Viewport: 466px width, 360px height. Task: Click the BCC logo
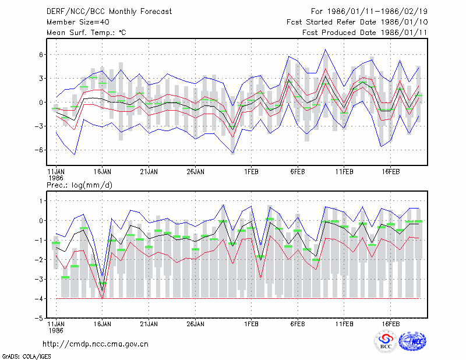(386, 341)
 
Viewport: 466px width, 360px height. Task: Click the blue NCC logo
(413, 341)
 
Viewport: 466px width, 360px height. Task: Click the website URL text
(96, 344)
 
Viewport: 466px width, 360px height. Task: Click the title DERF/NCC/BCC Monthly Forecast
(109, 12)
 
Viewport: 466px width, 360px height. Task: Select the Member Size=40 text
(78, 22)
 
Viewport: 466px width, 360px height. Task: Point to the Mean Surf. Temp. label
(86, 33)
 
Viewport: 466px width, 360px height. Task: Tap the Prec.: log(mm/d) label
(79, 185)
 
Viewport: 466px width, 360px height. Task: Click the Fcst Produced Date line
(365, 33)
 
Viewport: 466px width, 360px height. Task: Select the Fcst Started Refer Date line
(357, 22)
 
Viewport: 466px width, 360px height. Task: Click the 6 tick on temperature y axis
(41, 55)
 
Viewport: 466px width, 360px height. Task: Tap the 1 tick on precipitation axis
(41, 201)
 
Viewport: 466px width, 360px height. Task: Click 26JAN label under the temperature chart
(195, 172)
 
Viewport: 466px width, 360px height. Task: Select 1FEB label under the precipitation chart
(251, 324)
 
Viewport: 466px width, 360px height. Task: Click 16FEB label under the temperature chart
(390, 172)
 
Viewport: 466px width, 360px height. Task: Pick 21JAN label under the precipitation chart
(149, 324)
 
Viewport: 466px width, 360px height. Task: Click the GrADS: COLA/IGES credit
(26, 357)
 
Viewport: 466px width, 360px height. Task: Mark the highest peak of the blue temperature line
(326, 50)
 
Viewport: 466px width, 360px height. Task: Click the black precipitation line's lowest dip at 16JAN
(103, 291)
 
